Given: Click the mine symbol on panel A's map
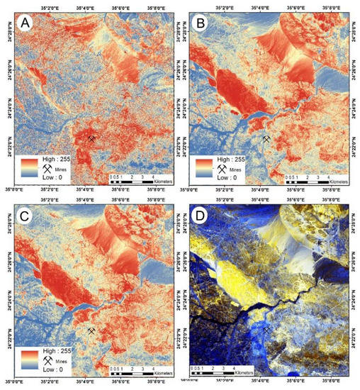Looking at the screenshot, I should coord(91,140).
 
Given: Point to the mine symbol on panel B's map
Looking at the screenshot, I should coord(267,140).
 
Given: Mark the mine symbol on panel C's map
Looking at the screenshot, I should coord(91,330).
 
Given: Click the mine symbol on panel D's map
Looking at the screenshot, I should coord(267,330).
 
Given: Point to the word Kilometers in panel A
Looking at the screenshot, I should coord(159,182).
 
